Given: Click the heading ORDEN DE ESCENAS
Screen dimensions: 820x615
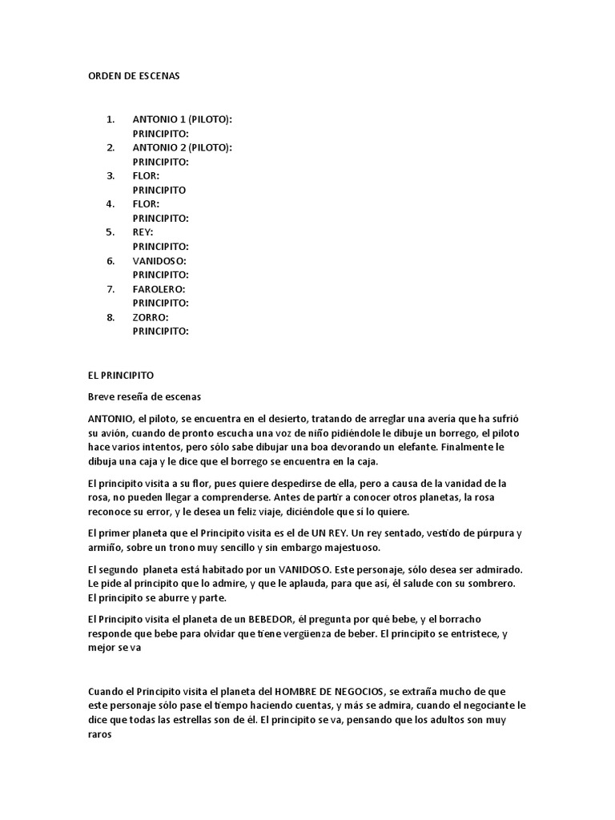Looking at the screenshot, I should [x=134, y=76].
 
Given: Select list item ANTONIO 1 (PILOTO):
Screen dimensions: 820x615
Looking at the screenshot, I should [x=183, y=119].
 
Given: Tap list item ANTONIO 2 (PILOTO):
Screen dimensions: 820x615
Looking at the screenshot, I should [x=183, y=147].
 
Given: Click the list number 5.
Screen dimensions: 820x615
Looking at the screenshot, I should [x=111, y=232].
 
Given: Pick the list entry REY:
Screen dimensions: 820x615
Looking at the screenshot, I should [x=143, y=232].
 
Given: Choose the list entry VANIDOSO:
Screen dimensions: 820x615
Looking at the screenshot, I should [x=159, y=260].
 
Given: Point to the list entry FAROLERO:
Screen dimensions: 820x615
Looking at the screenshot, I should [x=159, y=288].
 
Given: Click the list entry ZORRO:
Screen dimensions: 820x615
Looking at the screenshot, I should [x=151, y=317].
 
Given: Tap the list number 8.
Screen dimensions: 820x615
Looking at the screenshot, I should [x=111, y=317].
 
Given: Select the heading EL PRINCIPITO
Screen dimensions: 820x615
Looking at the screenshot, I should [x=120, y=375].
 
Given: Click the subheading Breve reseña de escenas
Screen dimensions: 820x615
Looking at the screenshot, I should [x=144, y=396].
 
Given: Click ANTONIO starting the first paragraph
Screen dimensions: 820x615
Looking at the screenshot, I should [x=111, y=419].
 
